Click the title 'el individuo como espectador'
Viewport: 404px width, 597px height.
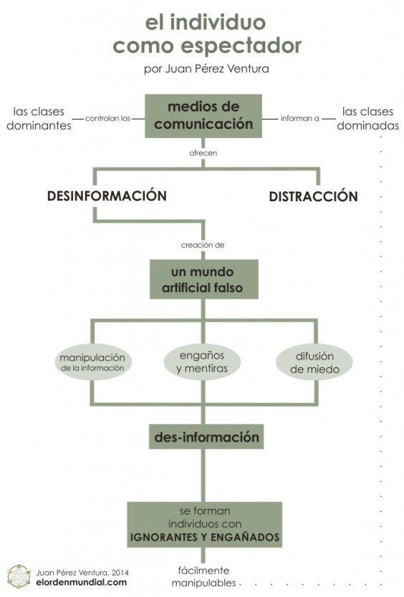coord(206,34)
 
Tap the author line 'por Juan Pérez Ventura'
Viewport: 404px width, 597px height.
coord(206,69)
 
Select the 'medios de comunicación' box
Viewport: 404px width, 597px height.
coord(201,115)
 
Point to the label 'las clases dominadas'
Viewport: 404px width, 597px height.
coord(370,118)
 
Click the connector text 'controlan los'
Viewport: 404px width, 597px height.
coord(107,119)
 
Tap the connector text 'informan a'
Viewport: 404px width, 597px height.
coord(299,119)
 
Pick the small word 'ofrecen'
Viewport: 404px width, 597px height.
coord(203,152)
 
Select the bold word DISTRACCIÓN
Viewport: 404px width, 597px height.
coord(313,196)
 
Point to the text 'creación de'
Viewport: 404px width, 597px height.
coord(203,245)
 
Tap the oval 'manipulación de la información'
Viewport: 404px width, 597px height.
coord(92,362)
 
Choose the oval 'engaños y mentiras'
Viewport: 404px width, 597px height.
coord(201,362)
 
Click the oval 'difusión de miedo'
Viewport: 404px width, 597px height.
coord(314,362)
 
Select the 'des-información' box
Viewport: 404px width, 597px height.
coord(204,435)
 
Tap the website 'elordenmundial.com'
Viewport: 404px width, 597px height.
coord(81,583)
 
